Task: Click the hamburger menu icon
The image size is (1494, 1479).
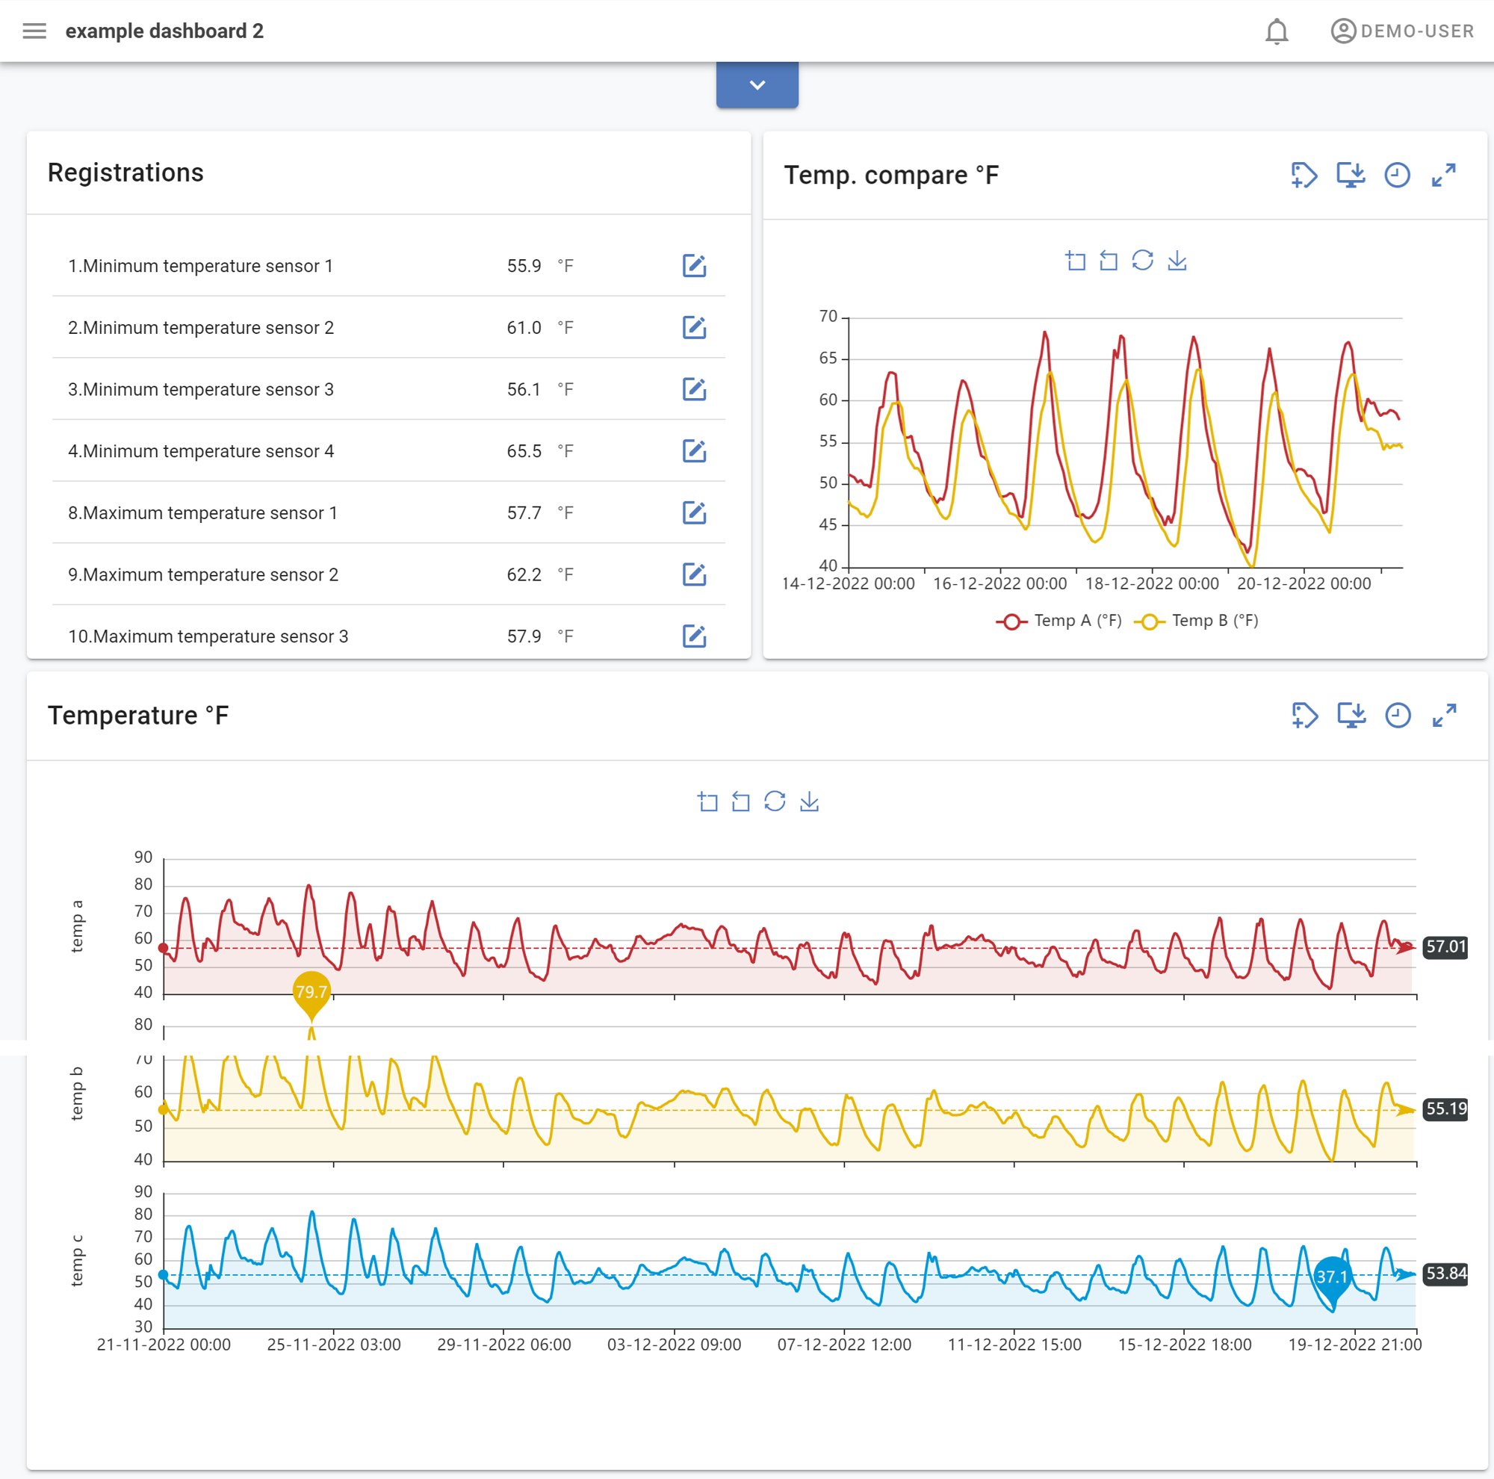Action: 34,31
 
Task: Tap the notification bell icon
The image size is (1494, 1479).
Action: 1276,31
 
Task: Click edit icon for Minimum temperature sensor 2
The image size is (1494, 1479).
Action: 694,328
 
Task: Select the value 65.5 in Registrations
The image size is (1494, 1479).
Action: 524,451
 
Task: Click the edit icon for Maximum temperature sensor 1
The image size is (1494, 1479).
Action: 694,513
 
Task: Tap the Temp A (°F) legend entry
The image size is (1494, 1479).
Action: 1059,621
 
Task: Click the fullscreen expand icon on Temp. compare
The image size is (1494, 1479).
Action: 1443,176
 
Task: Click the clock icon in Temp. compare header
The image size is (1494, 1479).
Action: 1397,176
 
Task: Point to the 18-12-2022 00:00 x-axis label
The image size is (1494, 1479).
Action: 1151,583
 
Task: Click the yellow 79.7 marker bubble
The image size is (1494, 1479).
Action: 311,991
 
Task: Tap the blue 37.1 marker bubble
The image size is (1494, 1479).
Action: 1332,1277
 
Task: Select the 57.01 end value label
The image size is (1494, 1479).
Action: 1445,946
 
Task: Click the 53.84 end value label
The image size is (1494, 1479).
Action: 1445,1274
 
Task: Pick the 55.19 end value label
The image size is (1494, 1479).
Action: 1445,1109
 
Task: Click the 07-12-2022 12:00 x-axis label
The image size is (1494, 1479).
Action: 843,1345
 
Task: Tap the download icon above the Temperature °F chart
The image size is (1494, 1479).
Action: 809,801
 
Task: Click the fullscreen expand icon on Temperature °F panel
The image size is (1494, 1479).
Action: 1444,716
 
